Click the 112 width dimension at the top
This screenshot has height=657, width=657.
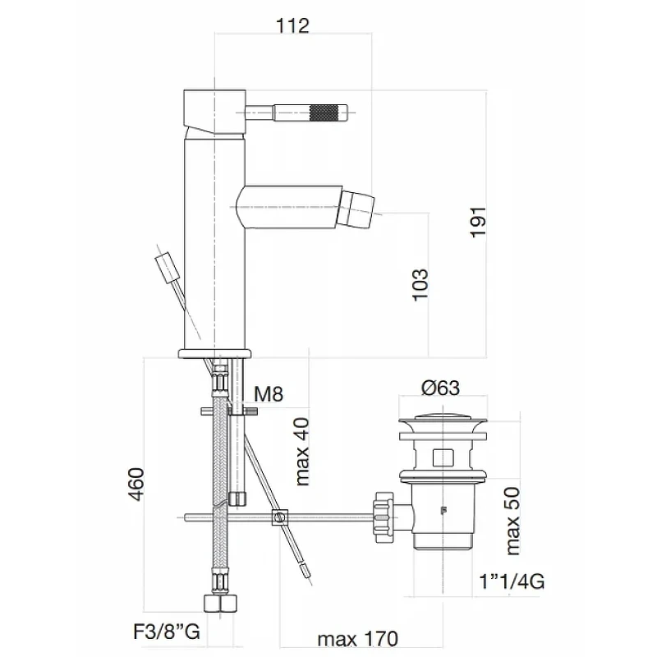292,25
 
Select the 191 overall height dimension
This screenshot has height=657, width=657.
478,222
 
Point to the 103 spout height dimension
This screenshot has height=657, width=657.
420,285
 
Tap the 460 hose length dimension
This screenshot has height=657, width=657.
136,484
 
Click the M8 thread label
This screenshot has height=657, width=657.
269,394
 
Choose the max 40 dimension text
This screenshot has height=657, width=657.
302,452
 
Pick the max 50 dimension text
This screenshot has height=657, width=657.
512,521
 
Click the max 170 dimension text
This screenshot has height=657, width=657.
357,639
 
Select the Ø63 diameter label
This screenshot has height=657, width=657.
440,388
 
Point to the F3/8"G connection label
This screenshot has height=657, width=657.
167,632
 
